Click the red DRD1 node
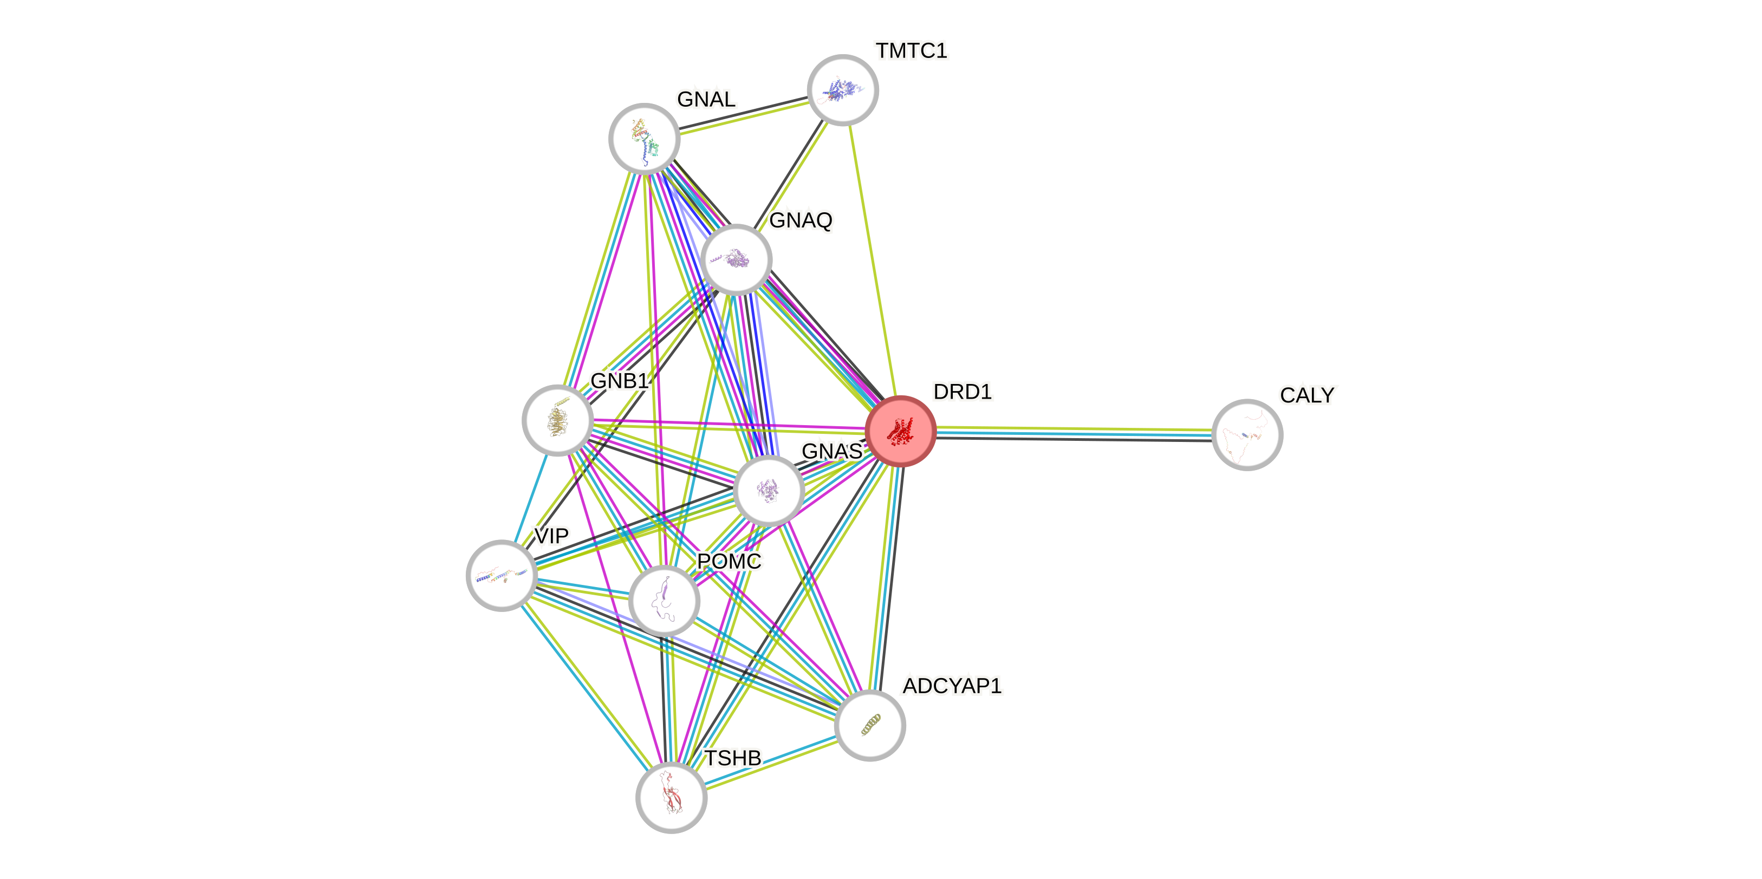tap(900, 431)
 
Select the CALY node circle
tap(1247, 434)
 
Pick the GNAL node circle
tap(645, 138)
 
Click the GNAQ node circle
tap(737, 259)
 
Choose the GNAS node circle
tap(769, 491)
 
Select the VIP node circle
tap(502, 575)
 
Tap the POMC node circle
tap(664, 601)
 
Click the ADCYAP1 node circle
tap(870, 725)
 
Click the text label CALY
tap(1307, 395)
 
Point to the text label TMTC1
tap(911, 50)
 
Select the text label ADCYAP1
tap(952, 686)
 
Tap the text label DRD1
tap(962, 392)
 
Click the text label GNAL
tap(706, 99)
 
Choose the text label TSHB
tap(732, 758)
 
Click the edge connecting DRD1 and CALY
tap(1074, 432)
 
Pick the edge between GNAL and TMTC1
tap(744, 118)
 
